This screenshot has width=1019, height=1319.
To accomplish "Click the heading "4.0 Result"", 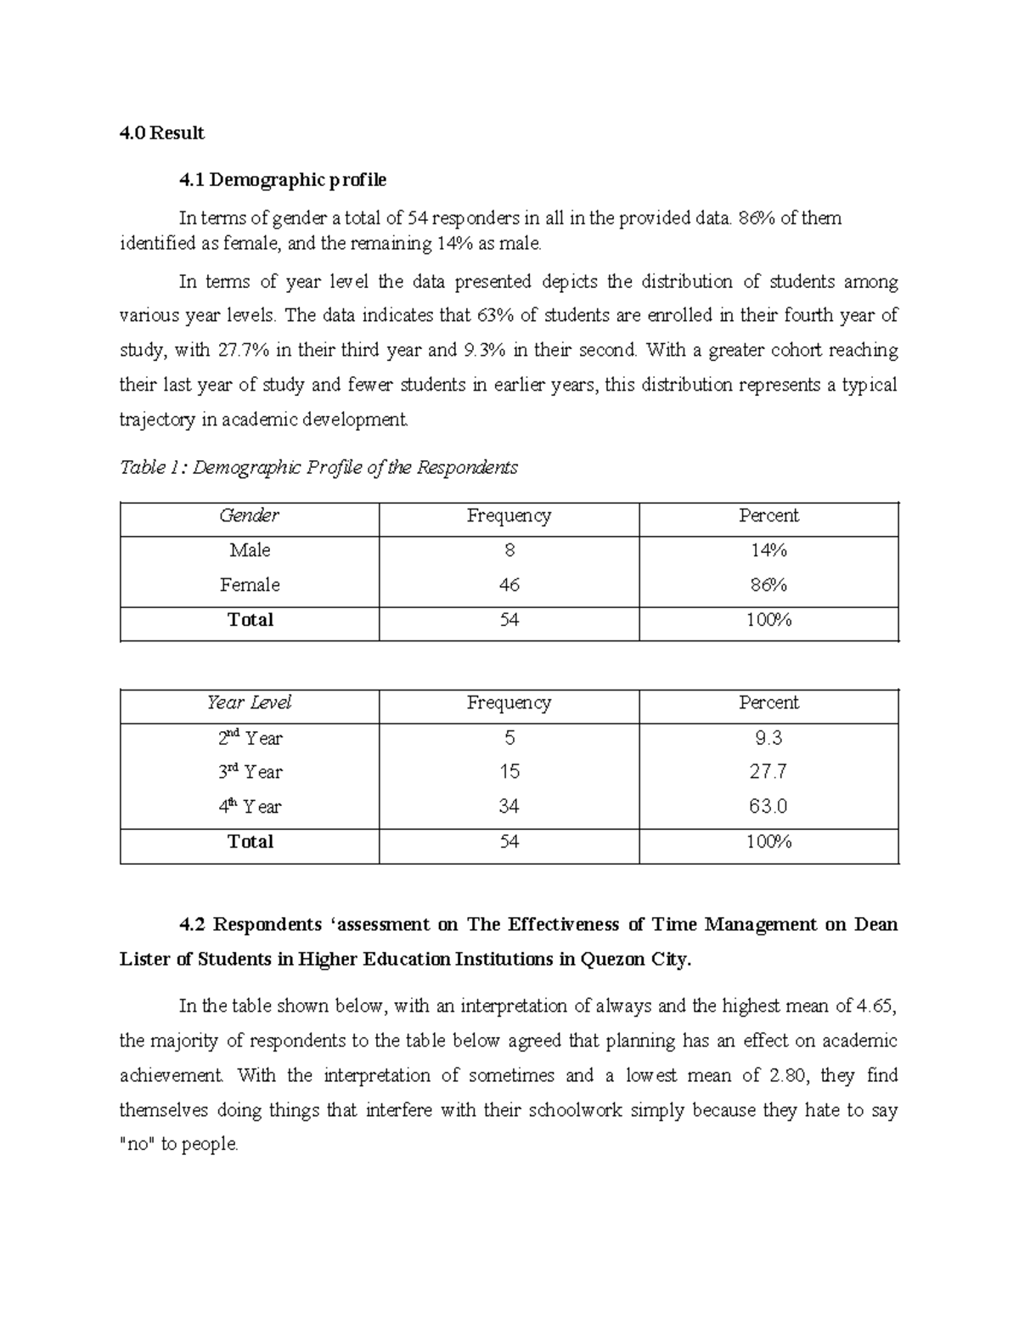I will [x=161, y=133].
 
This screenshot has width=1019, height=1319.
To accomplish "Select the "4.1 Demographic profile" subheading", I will [x=282, y=180].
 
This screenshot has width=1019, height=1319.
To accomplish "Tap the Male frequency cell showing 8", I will [x=509, y=550].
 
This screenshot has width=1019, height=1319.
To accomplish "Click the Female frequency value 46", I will [x=509, y=585].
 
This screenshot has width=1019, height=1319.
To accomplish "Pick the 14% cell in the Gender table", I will [x=768, y=550].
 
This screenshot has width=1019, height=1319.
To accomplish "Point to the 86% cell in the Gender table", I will [x=768, y=585].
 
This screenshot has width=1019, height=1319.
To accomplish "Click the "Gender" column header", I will [x=249, y=516].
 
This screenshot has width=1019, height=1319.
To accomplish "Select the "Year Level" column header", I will [x=249, y=702].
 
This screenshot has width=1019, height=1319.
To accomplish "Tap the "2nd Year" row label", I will [x=250, y=738].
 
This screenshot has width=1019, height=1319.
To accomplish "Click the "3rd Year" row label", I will [x=250, y=772].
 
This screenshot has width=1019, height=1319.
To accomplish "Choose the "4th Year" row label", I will [x=250, y=807].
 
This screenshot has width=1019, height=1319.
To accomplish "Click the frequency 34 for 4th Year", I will [x=509, y=807].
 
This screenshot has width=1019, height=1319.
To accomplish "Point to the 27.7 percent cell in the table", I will [x=768, y=772].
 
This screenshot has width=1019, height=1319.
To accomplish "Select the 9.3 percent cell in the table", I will [x=768, y=738].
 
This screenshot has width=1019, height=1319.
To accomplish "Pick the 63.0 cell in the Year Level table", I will [x=768, y=807].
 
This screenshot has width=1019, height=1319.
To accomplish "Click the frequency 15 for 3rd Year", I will [x=509, y=772].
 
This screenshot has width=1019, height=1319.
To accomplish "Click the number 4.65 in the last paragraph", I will [x=875, y=1006].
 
